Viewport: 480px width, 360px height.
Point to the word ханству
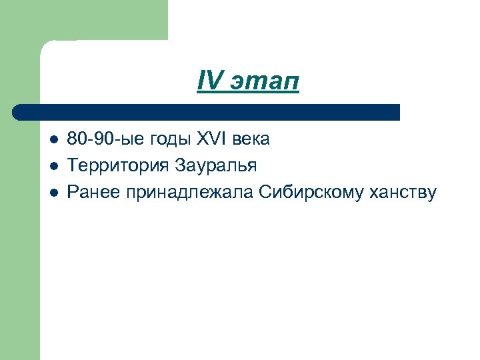coord(405,193)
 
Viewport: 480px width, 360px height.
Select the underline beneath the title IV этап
coord(249,93)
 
